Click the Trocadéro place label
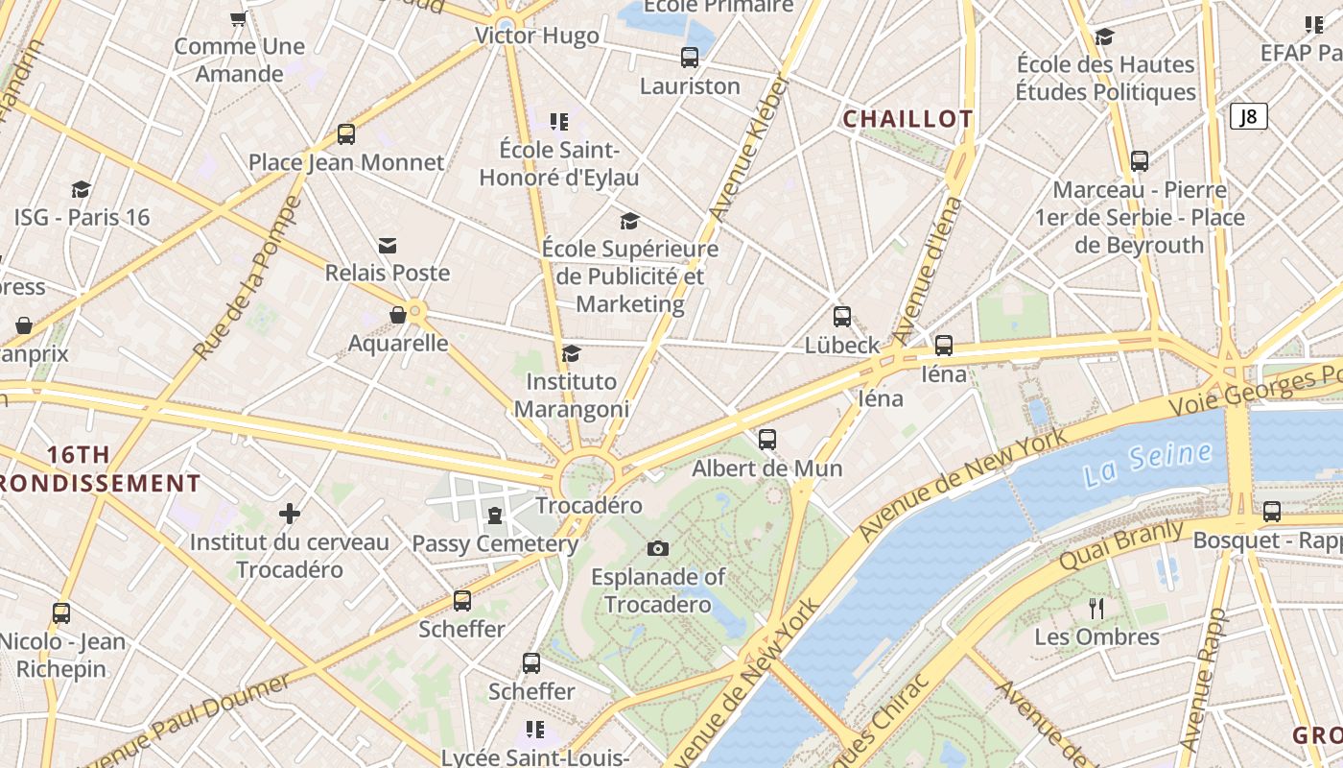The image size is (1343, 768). pos(588,505)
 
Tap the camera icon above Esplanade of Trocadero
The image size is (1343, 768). pos(657,548)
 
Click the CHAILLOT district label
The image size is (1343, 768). pos(907,119)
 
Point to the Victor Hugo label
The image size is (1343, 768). pos(537,36)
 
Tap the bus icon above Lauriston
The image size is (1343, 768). pos(690,58)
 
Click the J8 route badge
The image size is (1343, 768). pos(1248,116)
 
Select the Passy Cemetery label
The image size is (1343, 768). pos(494,543)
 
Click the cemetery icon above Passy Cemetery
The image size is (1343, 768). pos(494,516)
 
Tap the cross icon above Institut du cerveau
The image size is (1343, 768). pos(289,514)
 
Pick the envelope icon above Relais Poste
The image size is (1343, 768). pos(388,246)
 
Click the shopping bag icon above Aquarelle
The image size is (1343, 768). pos(397,315)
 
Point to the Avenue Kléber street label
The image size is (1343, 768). pos(747,149)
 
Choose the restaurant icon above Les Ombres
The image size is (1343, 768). pos(1096,608)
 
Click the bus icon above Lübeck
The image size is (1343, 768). pos(841,317)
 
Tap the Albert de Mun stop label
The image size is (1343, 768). pos(766,468)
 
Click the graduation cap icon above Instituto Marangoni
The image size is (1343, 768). pos(571,354)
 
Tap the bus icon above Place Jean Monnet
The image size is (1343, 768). pos(345,134)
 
